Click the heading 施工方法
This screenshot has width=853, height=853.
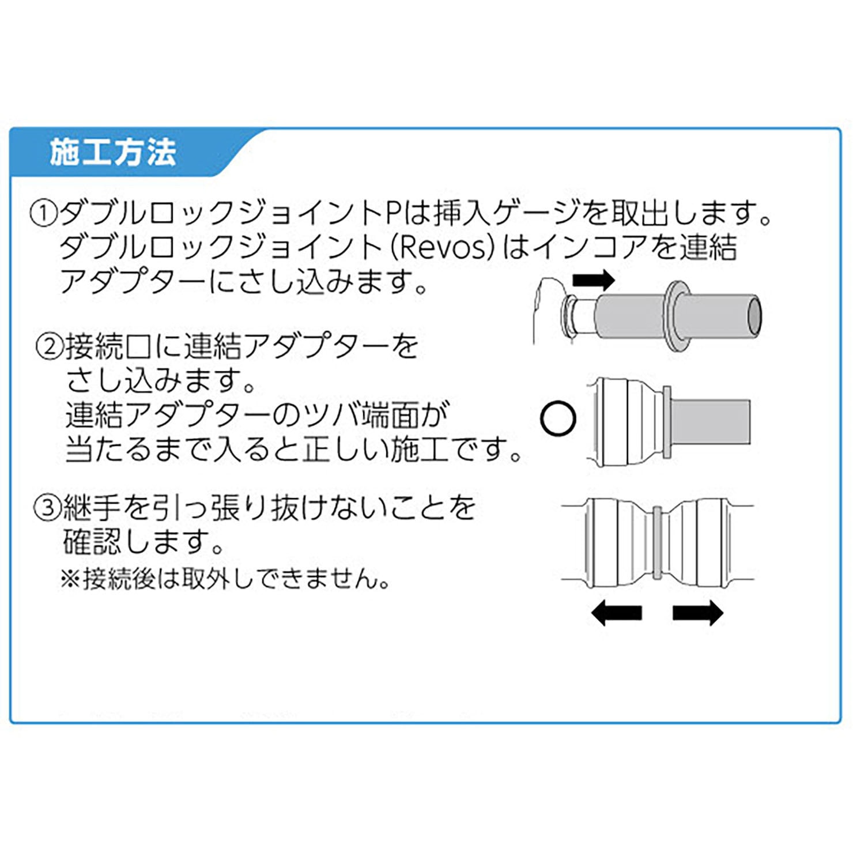pyautogui.click(x=113, y=152)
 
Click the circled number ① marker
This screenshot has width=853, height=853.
pyautogui.click(x=44, y=214)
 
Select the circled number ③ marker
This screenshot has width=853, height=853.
pyautogui.click(x=47, y=508)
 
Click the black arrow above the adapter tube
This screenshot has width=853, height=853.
pyautogui.click(x=594, y=281)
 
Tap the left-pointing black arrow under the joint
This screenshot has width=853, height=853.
pyautogui.click(x=616, y=612)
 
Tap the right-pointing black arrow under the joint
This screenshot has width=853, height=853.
pyautogui.click(x=698, y=612)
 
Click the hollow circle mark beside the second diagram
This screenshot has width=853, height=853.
pyautogui.click(x=558, y=418)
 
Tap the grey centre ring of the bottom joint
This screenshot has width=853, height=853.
pyautogui.click(x=656, y=541)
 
